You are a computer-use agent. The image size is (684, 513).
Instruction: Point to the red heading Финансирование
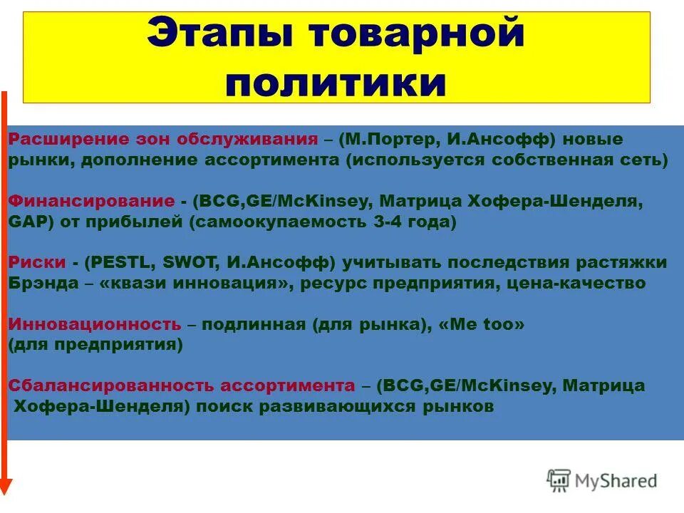pyautogui.click(x=92, y=202)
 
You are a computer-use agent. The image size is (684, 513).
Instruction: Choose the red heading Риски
pyautogui.click(x=36, y=263)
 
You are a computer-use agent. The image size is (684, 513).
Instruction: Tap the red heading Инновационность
pyautogui.click(x=95, y=325)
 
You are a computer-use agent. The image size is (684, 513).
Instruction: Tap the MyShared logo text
pyautogui.click(x=616, y=481)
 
